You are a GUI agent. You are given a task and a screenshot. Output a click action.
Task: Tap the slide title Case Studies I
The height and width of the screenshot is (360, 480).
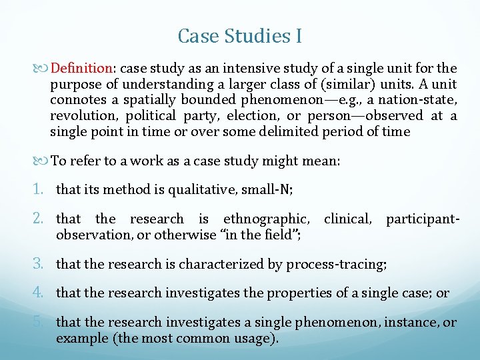click(240, 35)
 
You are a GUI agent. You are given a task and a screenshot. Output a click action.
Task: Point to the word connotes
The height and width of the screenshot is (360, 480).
click(77, 100)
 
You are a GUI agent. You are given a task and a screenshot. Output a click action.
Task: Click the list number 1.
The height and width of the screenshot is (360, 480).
click(43, 190)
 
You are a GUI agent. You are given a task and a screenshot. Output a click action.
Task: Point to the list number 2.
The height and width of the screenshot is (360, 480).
click(44, 218)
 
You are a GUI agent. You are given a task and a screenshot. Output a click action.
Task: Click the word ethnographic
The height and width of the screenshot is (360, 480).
click(266, 218)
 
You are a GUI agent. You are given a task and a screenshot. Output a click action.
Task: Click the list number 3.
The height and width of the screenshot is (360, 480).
click(44, 264)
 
